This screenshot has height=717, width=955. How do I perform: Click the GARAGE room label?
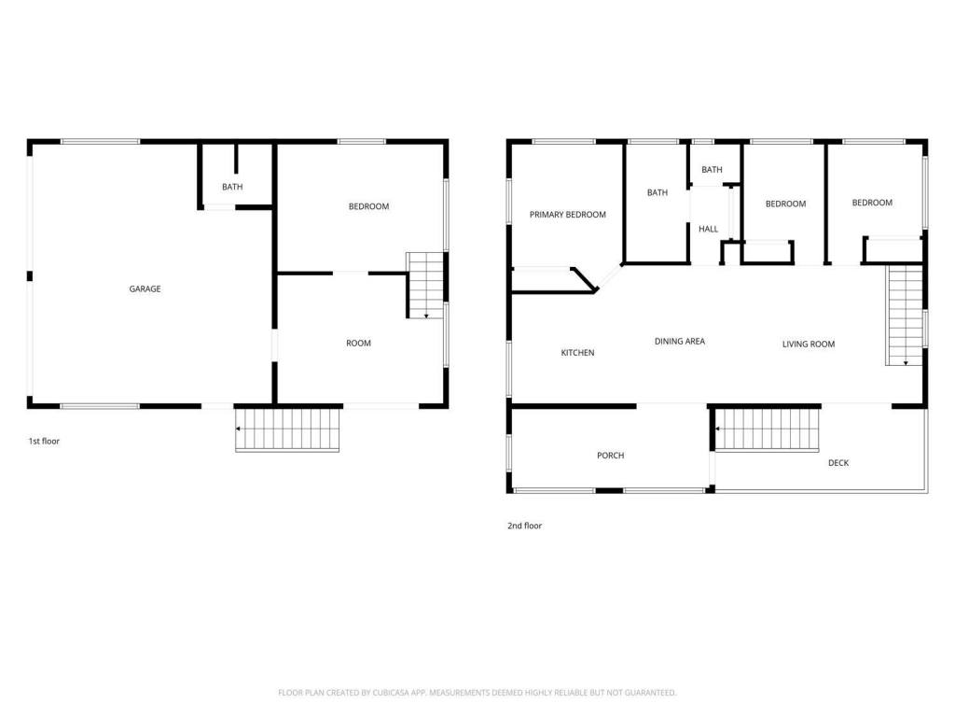(145, 289)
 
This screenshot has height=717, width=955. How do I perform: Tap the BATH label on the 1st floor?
(232, 187)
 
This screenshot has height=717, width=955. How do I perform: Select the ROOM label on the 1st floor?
(358, 344)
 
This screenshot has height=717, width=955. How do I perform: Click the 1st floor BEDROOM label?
(368, 206)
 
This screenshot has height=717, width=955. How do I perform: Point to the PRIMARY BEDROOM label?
(568, 215)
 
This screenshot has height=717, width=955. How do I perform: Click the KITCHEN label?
(577, 352)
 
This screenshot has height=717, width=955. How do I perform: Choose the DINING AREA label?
(680, 342)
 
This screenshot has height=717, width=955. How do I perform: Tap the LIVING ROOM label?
(809, 344)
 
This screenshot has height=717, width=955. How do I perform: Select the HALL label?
(709, 230)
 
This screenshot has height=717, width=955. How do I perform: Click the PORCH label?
(610, 456)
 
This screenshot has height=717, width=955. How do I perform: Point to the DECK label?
(838, 463)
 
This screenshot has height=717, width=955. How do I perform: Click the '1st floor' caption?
(44, 441)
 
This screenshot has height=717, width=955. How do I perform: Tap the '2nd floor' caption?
(524, 526)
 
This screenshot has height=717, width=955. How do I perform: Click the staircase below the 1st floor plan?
(287, 429)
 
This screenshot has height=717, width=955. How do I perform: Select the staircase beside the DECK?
(767, 429)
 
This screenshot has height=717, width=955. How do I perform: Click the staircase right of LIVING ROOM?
(905, 316)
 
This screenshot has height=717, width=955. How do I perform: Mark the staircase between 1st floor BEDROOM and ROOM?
(425, 286)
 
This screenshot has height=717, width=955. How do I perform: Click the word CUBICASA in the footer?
(391, 693)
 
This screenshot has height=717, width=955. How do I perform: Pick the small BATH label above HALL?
(712, 170)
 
